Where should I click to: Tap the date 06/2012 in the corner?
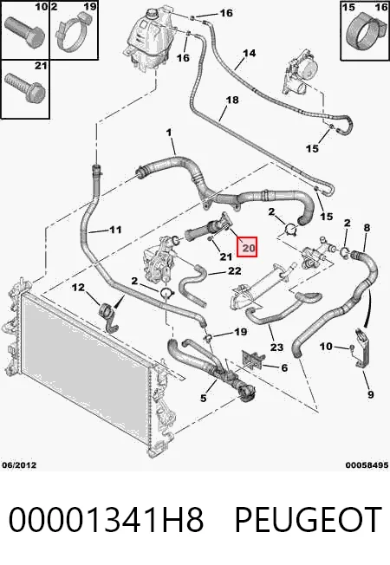pyautogui.click(x=19, y=465)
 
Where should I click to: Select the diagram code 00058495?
pyautogui.click(x=367, y=465)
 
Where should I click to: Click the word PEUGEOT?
pyautogui.click(x=309, y=520)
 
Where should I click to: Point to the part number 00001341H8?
pyautogui.click(x=106, y=520)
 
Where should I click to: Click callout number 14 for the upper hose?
pyautogui.click(x=249, y=54)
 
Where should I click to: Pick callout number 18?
pyautogui.click(x=232, y=100)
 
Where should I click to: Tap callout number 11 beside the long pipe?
pyautogui.click(x=115, y=229)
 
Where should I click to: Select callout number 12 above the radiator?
pyautogui.click(x=78, y=287)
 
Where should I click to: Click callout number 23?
pyautogui.click(x=276, y=347)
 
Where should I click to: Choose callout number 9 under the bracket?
pyautogui.click(x=371, y=394)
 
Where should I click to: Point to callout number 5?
pyautogui.click(x=204, y=398)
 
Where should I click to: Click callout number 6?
pyautogui.click(x=284, y=367)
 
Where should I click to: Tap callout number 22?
pyautogui.click(x=234, y=270)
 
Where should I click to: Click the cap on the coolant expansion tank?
pyautogui.click(x=153, y=16)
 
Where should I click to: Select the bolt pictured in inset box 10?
pyautogui.click(x=24, y=32)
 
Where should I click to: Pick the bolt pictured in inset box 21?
pyautogui.click(x=25, y=88)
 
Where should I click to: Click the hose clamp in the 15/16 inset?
pyautogui.click(x=366, y=32)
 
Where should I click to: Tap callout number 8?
pyautogui.click(x=367, y=227)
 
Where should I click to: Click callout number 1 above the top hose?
pyautogui.click(x=169, y=133)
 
